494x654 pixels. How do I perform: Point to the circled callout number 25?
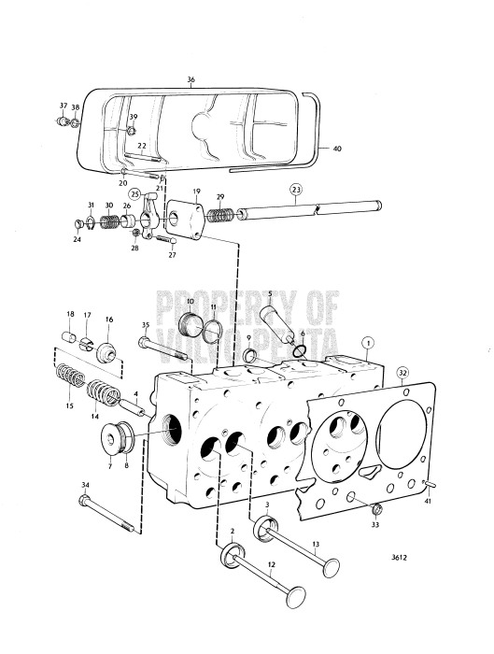pos(135,194)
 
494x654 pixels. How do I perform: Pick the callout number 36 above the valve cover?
pos(191,80)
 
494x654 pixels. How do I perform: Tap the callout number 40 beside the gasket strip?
pos(337,147)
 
